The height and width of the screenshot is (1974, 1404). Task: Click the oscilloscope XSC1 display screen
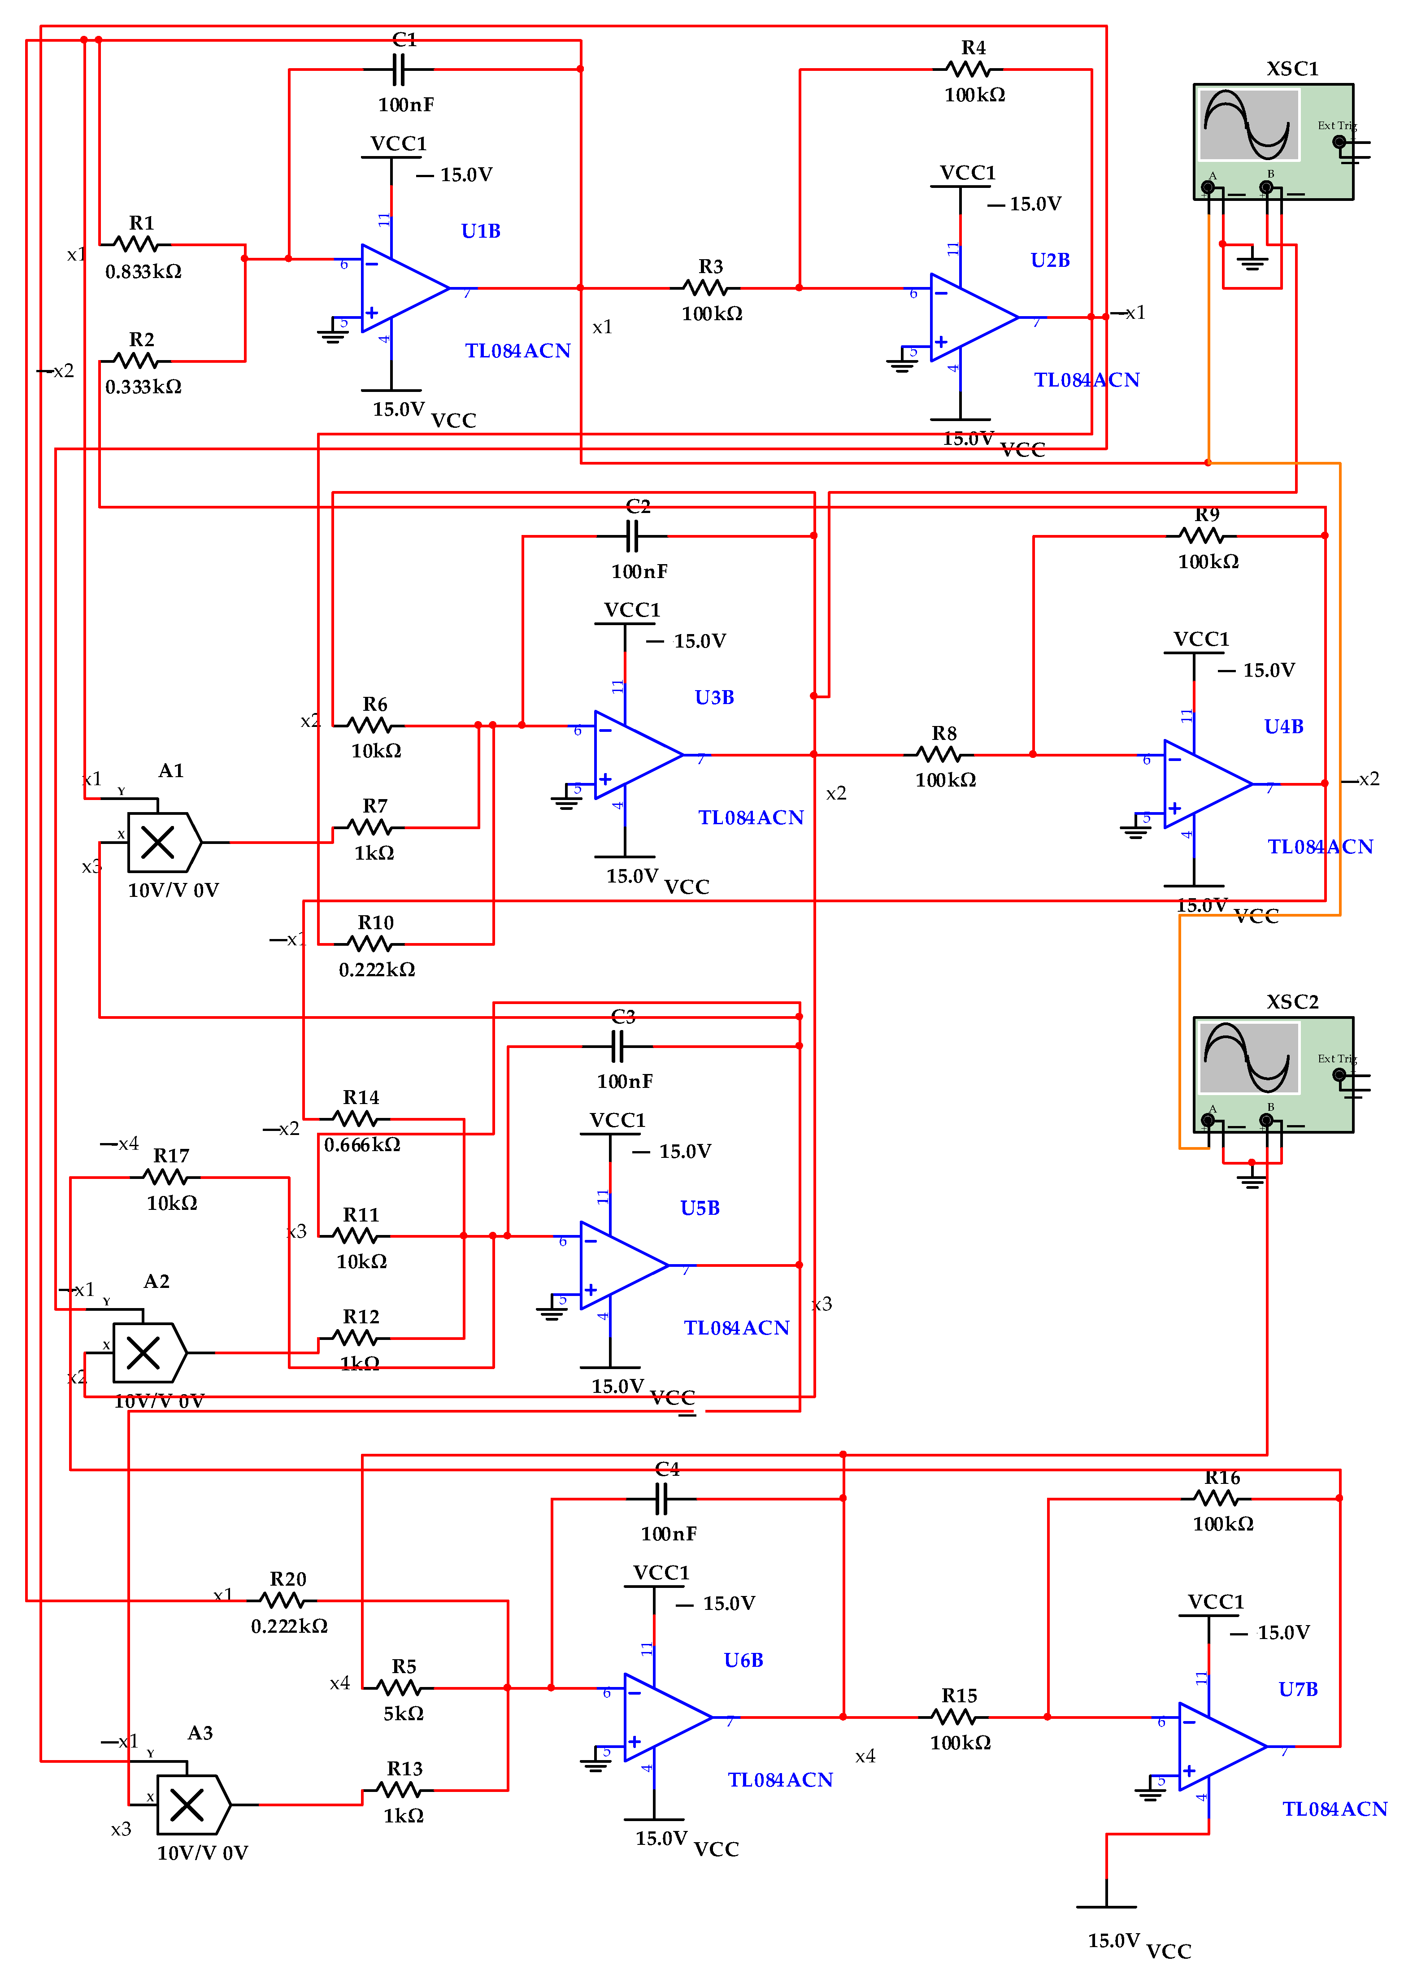pos(1250,126)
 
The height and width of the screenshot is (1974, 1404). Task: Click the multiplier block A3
pos(191,1804)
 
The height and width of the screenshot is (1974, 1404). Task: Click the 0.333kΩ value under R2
pos(143,387)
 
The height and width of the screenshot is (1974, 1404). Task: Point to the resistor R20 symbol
pos(282,1600)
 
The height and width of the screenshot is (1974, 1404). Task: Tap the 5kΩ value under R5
pos(404,1713)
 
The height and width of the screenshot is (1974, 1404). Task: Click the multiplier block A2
pos(147,1352)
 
